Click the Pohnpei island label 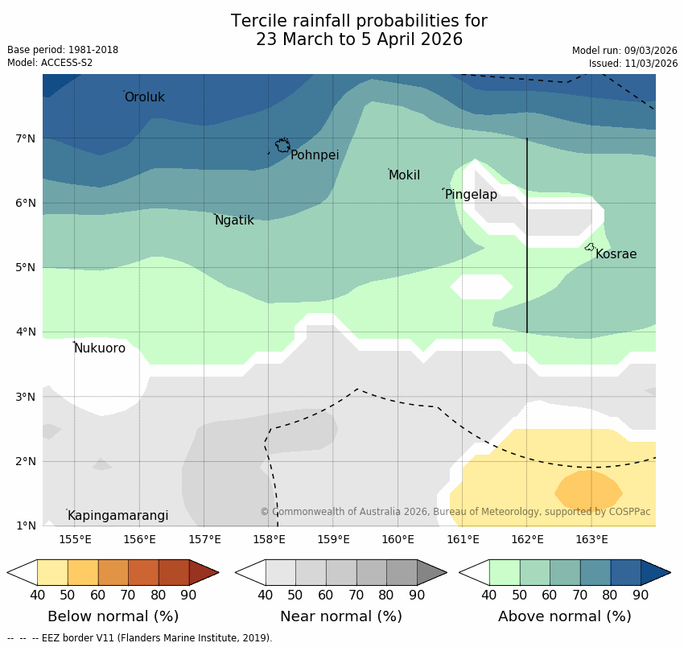point(315,155)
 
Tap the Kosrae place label point(616,254)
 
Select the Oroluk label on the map point(145,97)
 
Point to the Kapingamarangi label point(118,516)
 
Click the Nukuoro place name point(100,348)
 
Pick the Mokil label point(404,175)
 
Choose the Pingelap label point(471,195)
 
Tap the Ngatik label point(234,220)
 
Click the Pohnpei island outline point(282,146)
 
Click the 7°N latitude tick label point(26,138)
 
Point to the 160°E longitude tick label point(398,539)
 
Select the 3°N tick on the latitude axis point(26,397)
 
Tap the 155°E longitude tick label point(75,539)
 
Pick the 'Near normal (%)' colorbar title point(340,616)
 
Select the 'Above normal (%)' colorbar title point(564,616)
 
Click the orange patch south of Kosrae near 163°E point(588,488)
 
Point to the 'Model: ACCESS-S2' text point(50,63)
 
